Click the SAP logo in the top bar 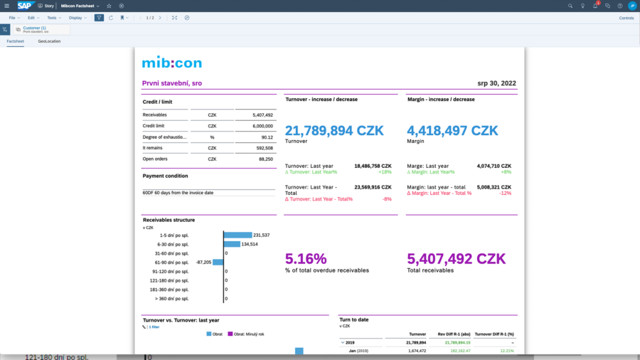(26, 6)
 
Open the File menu (12, 18)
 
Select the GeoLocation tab (49, 41)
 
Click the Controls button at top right (626, 18)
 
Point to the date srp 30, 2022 (497, 83)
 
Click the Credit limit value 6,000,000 (262, 126)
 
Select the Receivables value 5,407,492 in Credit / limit (262, 115)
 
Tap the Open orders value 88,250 (265, 159)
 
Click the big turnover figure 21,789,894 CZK (334, 131)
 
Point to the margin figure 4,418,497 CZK (452, 131)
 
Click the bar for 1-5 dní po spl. (238, 235)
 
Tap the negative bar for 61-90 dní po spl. (218, 262)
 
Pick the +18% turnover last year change (385, 171)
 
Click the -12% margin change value (506, 193)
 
